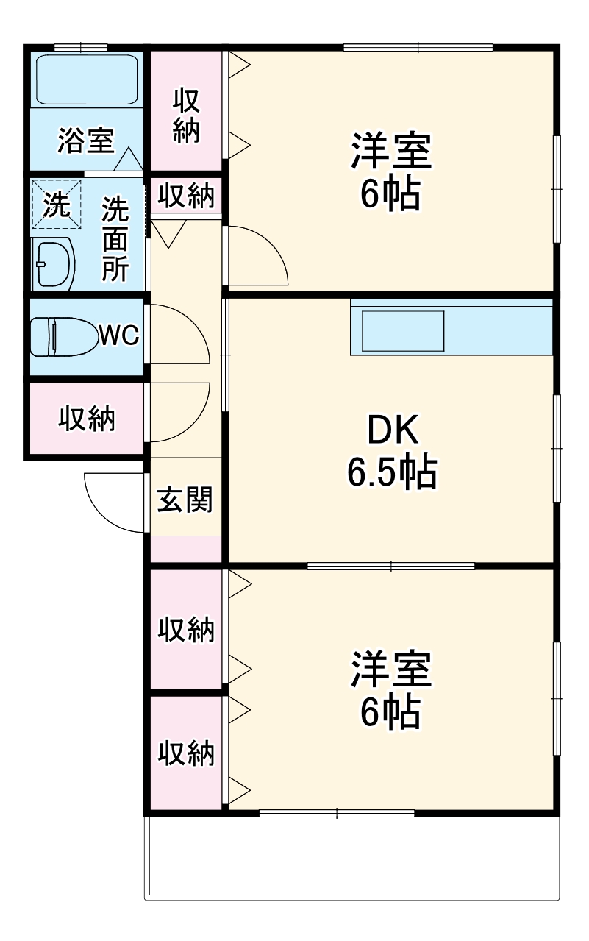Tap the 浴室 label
coord(86,140)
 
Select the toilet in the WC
coord(64,336)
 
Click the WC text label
coord(119,336)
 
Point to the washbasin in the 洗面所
coord(54,262)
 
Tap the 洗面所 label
coord(115,240)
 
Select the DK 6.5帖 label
coord(392,451)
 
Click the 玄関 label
coord(185,500)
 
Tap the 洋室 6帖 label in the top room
coord(390,171)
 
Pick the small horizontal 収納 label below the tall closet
coord(186,196)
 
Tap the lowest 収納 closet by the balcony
coord(186,753)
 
